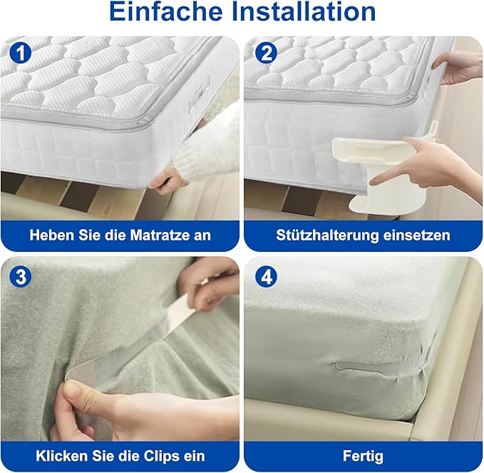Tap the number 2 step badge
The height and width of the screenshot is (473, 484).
click(x=266, y=54)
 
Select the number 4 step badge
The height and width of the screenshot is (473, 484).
click(x=266, y=277)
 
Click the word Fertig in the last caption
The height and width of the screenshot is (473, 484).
click(x=363, y=456)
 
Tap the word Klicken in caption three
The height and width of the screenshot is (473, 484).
click(x=59, y=456)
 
